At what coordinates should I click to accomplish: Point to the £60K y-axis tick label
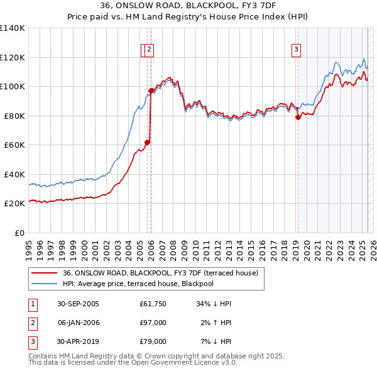(x=14, y=145)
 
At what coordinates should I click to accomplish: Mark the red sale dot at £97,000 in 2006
(x=151, y=91)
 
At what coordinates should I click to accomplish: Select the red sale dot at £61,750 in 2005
(x=148, y=142)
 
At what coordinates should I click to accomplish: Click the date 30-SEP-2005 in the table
(x=78, y=304)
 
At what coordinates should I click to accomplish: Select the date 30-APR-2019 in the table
(x=78, y=341)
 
